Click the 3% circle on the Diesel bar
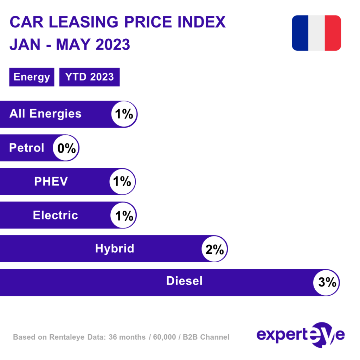[x=327, y=283]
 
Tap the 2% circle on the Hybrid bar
[x=214, y=249]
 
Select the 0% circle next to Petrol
[x=66, y=148]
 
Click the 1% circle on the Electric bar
[x=123, y=215]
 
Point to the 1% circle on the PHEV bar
[x=122, y=181]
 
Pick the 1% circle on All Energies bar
[x=124, y=114]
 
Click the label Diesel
[x=184, y=281]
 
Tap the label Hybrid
[x=115, y=249]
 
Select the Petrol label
[x=27, y=148]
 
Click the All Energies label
[x=45, y=114]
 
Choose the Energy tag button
[x=32, y=77]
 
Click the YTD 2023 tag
[x=90, y=77]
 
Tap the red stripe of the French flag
[x=333, y=33]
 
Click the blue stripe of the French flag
[x=300, y=33]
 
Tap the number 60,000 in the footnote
[x=164, y=337]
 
